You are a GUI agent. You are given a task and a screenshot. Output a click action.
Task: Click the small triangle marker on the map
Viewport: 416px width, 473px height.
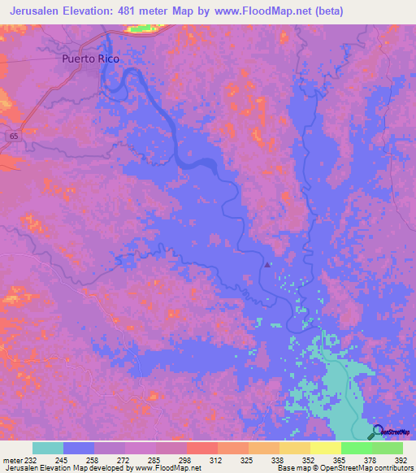(x=269, y=263)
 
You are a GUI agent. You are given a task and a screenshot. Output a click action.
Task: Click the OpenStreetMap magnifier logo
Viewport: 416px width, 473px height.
(x=378, y=432)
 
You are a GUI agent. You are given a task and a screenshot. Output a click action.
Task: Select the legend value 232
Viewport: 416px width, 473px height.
(x=32, y=459)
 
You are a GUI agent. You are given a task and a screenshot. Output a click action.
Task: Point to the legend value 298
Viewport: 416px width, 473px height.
(x=186, y=459)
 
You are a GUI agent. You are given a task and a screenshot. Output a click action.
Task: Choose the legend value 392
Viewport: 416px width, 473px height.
(x=400, y=459)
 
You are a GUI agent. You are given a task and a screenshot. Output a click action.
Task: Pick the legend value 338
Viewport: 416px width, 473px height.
(x=277, y=459)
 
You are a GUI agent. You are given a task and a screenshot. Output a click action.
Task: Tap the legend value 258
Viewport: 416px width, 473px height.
(x=93, y=459)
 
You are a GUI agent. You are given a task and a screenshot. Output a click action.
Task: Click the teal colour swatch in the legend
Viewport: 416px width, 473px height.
(x=47, y=448)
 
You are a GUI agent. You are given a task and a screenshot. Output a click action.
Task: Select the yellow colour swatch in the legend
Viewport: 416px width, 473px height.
(x=325, y=448)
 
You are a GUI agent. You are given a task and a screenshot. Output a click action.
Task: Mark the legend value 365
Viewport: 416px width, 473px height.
(x=339, y=459)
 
